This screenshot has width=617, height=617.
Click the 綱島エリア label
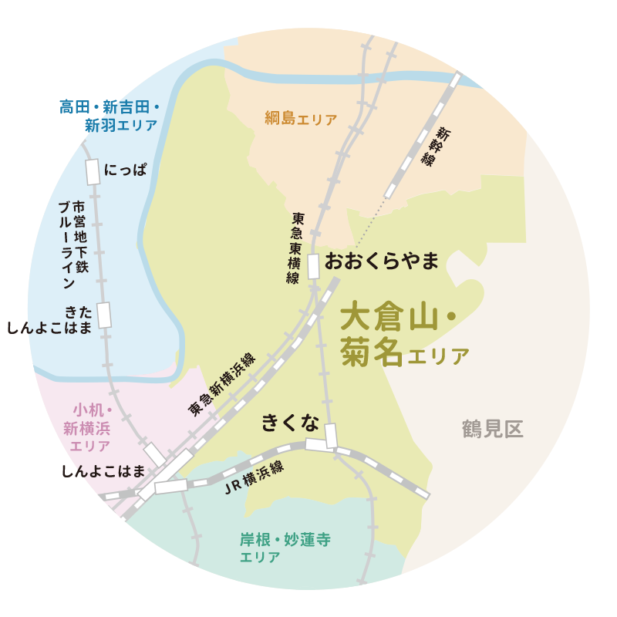point(300,120)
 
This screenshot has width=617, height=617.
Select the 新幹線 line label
point(437,146)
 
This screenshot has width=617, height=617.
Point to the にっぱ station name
point(125,170)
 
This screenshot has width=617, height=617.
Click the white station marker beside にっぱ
point(93,171)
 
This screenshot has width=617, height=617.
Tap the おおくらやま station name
point(382,261)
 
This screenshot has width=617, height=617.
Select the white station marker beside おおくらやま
point(314,265)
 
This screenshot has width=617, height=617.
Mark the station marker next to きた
point(104,315)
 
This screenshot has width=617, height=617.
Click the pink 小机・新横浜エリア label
point(89,427)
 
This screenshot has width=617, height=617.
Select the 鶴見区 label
point(493,430)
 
